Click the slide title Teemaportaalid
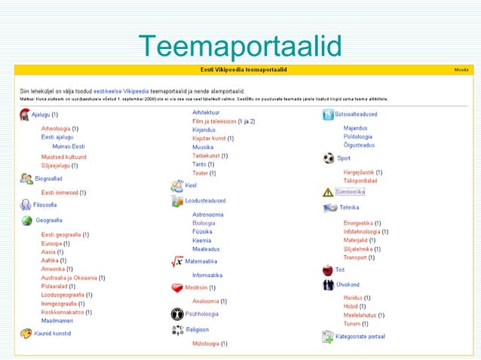[x=240, y=47]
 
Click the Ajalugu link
[x=41, y=114]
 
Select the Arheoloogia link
[x=56, y=129]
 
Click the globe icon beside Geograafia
[x=26, y=221]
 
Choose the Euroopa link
[x=51, y=243]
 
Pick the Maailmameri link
[x=58, y=320]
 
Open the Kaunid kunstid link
[x=53, y=332]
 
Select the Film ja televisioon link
[x=214, y=121]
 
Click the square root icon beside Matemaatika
[x=177, y=261]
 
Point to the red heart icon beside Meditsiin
[x=177, y=288]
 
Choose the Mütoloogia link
[x=206, y=343]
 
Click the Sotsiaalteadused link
[x=357, y=114]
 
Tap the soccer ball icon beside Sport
[x=328, y=158]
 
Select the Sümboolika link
[x=354, y=191]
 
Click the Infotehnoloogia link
[x=366, y=232]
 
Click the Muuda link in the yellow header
[x=461, y=69]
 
